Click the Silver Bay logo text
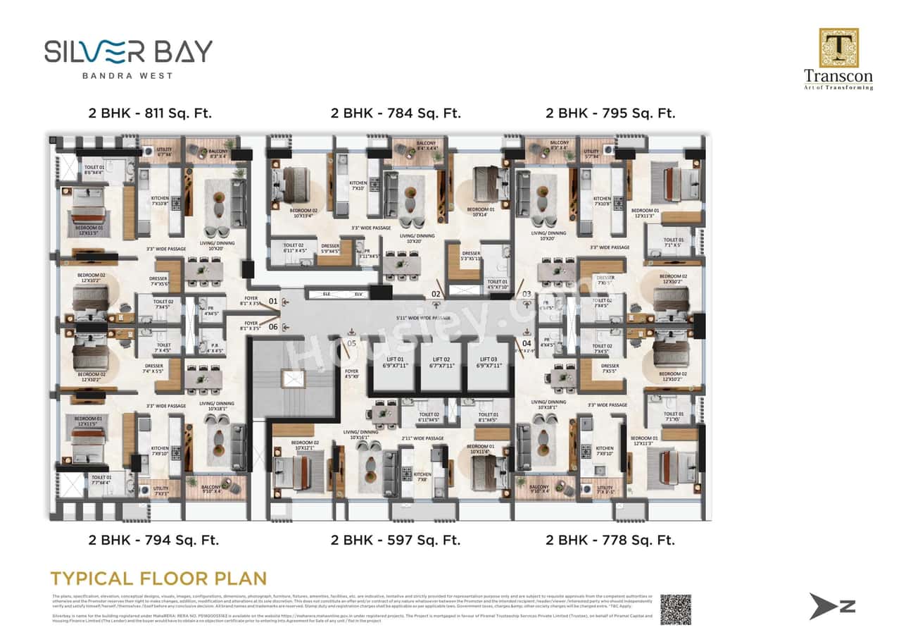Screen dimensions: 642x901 [x=128, y=51]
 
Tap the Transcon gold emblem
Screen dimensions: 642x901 [x=838, y=48]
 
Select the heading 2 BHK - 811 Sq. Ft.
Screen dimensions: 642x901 [x=150, y=113]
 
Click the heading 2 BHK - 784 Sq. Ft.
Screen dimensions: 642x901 [x=396, y=113]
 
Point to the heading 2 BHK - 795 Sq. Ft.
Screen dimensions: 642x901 [x=610, y=113]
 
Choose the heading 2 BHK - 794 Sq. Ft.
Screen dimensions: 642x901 [x=153, y=541]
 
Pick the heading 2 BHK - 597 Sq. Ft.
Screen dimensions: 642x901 [x=396, y=541]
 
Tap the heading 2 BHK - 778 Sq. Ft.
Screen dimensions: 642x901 [x=610, y=541]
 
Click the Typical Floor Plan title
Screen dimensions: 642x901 [x=158, y=579]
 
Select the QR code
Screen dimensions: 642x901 [x=675, y=610]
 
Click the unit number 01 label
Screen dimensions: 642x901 [x=274, y=302]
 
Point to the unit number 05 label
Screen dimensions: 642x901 [x=352, y=343]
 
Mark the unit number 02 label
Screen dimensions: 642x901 [x=436, y=293]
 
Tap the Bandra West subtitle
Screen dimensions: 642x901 [x=127, y=75]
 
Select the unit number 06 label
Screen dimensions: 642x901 [x=274, y=326]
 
